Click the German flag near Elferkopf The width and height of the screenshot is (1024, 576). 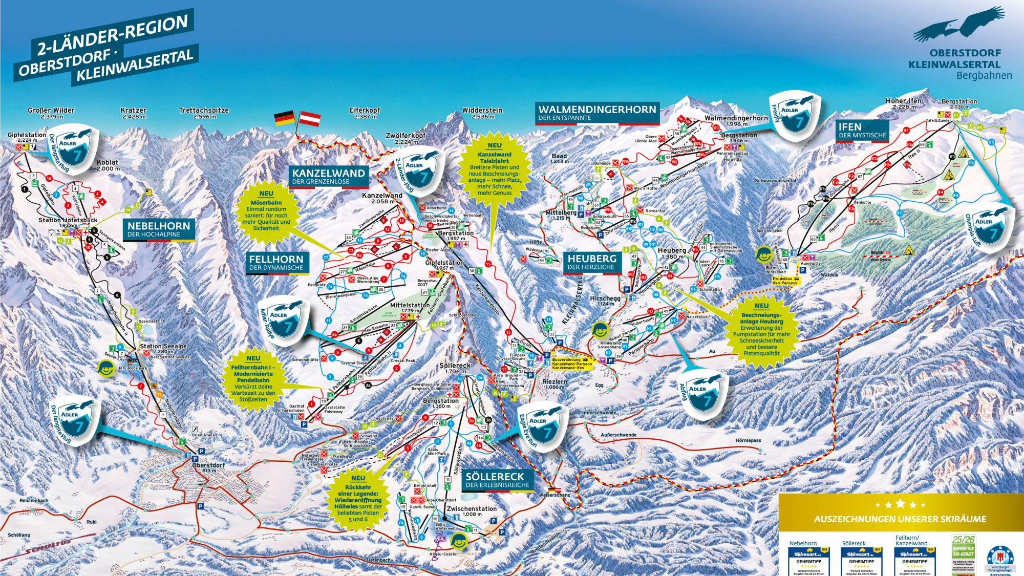pos(284,118)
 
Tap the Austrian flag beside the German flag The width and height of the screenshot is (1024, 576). pos(310,119)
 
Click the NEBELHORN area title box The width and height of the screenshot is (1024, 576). pos(158,229)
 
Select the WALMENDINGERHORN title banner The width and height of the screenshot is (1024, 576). pos(597,113)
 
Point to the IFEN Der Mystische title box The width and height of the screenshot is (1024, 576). pos(862,130)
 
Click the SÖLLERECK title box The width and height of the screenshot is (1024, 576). pos(497,480)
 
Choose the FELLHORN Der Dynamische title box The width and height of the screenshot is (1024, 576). pos(276,263)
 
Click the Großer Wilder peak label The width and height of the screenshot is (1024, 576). pos(51,113)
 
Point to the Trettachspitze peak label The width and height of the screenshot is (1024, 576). pos(204,113)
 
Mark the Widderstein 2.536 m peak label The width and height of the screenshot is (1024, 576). pos(482,113)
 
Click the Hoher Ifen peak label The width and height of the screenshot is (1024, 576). pos(904,103)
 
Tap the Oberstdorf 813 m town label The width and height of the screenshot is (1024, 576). pos(208,467)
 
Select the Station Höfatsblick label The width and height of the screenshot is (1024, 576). pos(68,222)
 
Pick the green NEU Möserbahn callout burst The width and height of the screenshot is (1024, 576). pos(266,211)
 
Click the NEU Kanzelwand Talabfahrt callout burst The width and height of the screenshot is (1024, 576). pos(495,169)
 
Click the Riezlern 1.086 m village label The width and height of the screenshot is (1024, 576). pos(554,384)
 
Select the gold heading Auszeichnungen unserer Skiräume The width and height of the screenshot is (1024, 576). pos(900,519)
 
